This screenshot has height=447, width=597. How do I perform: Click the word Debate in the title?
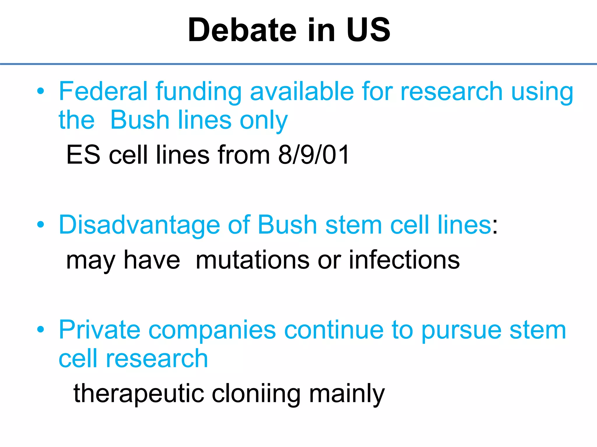pyautogui.click(x=242, y=30)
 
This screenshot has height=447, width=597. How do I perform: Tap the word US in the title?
pyautogui.click(x=368, y=30)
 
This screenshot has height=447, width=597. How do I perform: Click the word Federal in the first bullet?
pyautogui.click(x=103, y=91)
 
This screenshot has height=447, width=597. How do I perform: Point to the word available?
pyautogui.click(x=302, y=91)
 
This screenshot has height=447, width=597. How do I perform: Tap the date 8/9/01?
pyautogui.click(x=314, y=155)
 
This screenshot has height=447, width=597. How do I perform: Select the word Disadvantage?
pyautogui.click(x=139, y=225)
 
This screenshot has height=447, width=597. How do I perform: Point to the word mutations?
pyautogui.click(x=252, y=260)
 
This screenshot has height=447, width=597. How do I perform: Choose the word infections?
pyautogui.click(x=404, y=260)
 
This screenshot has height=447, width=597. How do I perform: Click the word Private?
pyautogui.click(x=99, y=330)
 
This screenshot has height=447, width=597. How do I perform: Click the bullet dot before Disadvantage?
pyautogui.click(x=41, y=225)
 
